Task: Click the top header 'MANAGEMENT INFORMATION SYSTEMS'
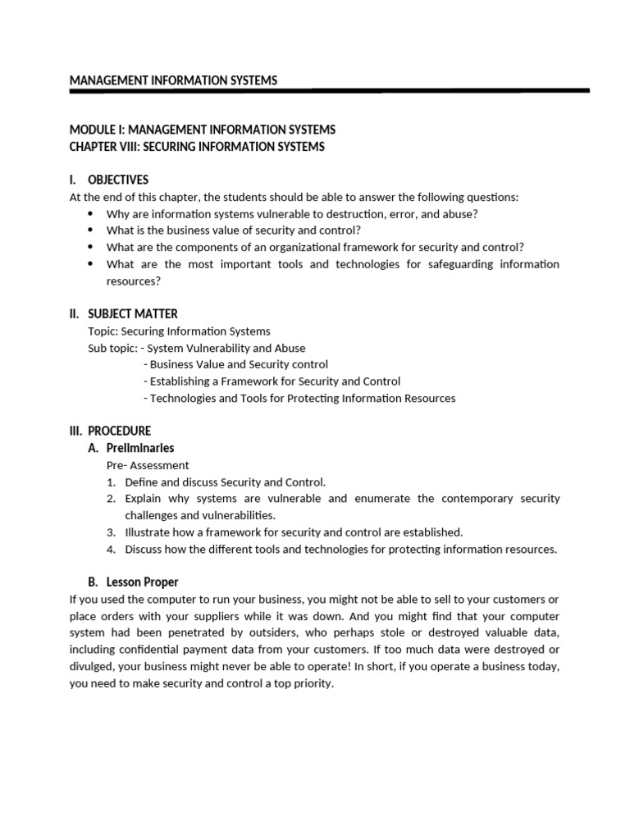point(173,80)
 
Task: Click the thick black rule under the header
point(329,90)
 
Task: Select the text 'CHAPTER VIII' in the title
point(102,147)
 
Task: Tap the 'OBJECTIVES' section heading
point(118,180)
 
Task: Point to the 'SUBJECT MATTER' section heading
point(132,313)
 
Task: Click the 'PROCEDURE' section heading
point(120,431)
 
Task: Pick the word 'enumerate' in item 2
point(382,499)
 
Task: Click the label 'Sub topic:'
point(112,348)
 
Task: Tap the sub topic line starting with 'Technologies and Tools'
point(299,398)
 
